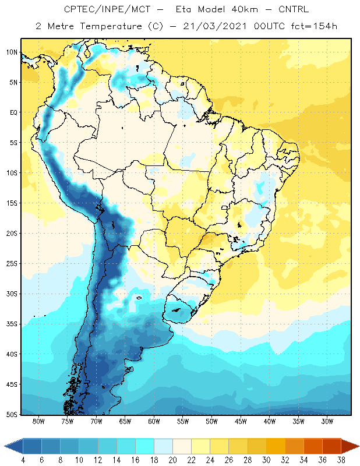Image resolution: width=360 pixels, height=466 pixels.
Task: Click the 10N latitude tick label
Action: point(12,52)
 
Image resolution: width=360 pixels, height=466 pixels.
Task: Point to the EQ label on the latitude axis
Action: point(13,112)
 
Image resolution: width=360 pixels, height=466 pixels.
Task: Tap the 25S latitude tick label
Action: point(12,264)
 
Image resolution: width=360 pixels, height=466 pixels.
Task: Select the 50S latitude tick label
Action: point(12,415)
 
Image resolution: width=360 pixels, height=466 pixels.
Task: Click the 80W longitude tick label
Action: point(38,421)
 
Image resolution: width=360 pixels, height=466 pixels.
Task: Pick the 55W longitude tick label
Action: point(183,421)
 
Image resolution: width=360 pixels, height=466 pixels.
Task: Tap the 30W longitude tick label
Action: point(327,421)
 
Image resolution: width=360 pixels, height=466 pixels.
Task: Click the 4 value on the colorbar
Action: point(23,460)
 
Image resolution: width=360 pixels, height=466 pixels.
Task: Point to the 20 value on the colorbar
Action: point(172,460)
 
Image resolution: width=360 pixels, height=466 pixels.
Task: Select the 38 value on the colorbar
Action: point(341,460)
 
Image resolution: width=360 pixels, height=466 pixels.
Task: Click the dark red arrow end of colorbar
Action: point(350,446)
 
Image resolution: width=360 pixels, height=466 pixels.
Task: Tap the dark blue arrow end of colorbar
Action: point(13,446)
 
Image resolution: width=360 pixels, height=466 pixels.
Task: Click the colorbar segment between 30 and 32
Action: point(276,446)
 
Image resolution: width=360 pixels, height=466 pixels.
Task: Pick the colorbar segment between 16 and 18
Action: point(145,446)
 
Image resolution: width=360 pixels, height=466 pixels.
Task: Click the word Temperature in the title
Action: point(111,26)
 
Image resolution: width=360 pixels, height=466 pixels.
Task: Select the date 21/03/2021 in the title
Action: point(214,26)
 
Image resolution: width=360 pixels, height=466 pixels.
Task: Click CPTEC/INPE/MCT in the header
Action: point(107,9)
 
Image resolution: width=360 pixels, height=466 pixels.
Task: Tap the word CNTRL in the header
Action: point(294,9)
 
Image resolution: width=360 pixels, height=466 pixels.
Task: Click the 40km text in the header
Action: point(245,9)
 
